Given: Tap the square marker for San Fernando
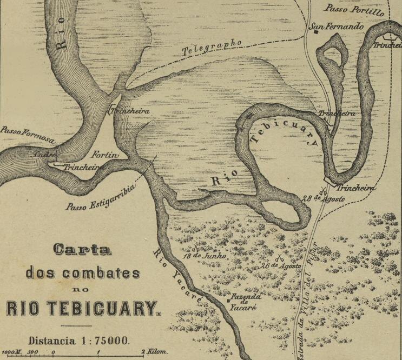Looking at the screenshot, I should pyautogui.click(x=314, y=32).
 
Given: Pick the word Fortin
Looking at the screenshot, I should pyautogui.click(x=108, y=155).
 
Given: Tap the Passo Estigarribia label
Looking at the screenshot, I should pyautogui.click(x=101, y=198).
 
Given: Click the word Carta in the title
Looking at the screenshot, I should pyautogui.click(x=83, y=250).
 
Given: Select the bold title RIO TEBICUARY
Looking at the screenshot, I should pyautogui.click(x=84, y=309).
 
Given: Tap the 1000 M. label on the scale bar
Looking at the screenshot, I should pyautogui.click(x=11, y=352).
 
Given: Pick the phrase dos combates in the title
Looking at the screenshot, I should pyautogui.click(x=83, y=272).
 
